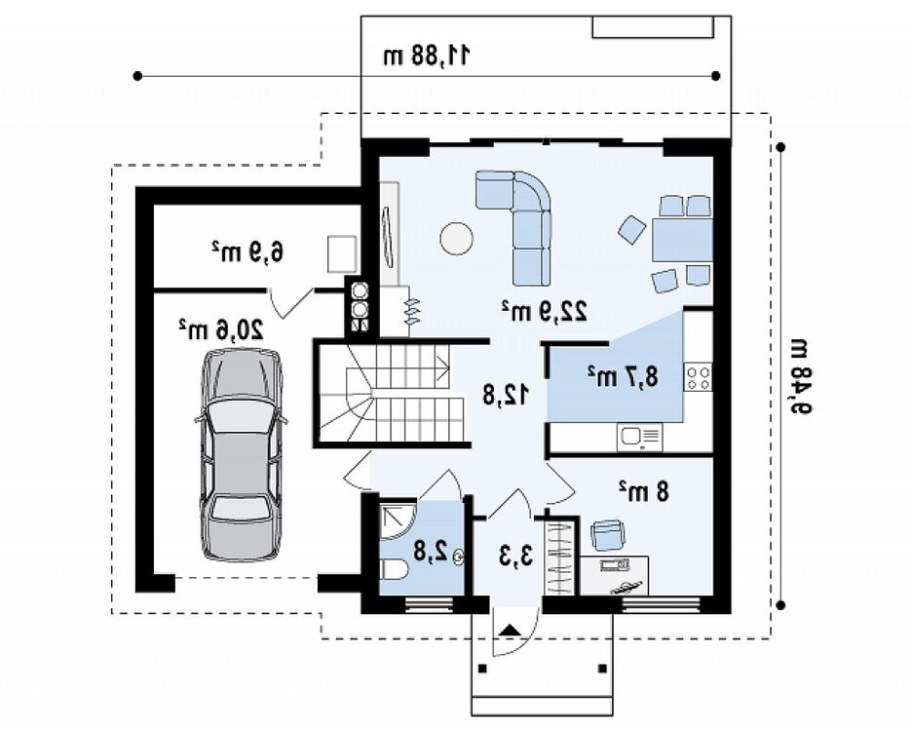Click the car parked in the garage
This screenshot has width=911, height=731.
point(241,454)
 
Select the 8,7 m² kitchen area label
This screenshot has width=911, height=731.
point(623,376)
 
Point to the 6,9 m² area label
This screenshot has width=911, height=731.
point(247,251)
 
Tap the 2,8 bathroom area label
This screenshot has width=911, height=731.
point(431,551)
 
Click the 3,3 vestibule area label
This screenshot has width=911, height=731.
point(515,556)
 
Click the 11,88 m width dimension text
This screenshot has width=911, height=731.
point(427,56)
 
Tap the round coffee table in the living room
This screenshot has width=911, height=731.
point(456,238)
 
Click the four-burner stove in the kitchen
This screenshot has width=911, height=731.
point(699,376)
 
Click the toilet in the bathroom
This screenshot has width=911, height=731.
point(394,569)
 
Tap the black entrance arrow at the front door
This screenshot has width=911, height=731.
point(510,630)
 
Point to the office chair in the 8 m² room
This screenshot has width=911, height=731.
point(608,534)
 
